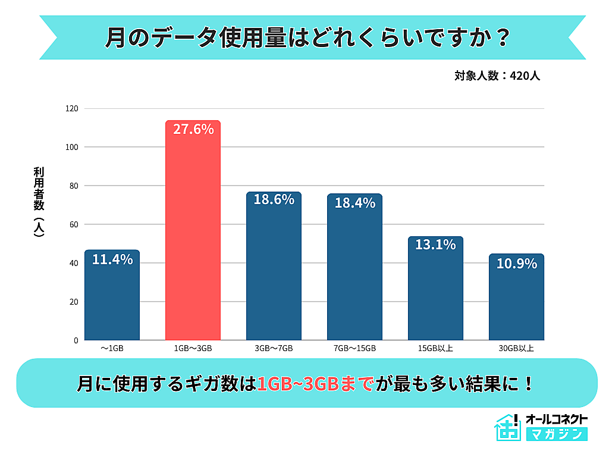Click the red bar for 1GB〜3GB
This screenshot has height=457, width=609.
[x=193, y=238]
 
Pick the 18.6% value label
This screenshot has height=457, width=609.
[x=274, y=199]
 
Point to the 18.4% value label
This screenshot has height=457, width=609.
[x=354, y=202]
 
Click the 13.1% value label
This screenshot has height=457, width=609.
[x=435, y=244]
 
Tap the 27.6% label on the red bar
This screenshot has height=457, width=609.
[x=193, y=129]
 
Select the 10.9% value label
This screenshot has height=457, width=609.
[x=516, y=263]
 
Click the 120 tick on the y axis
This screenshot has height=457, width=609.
[x=72, y=108]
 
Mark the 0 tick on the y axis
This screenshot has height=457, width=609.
[x=76, y=340]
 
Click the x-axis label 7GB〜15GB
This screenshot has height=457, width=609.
[x=354, y=348]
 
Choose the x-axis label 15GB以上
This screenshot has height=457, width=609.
[x=435, y=348]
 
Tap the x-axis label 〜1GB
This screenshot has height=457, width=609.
[x=112, y=348]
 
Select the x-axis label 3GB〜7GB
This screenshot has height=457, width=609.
[x=274, y=348]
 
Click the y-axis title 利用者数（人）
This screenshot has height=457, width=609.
[x=39, y=202]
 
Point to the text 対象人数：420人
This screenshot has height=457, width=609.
[x=497, y=76]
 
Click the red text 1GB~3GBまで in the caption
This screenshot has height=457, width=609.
[x=315, y=384]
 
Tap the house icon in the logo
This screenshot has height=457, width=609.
[x=507, y=427]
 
